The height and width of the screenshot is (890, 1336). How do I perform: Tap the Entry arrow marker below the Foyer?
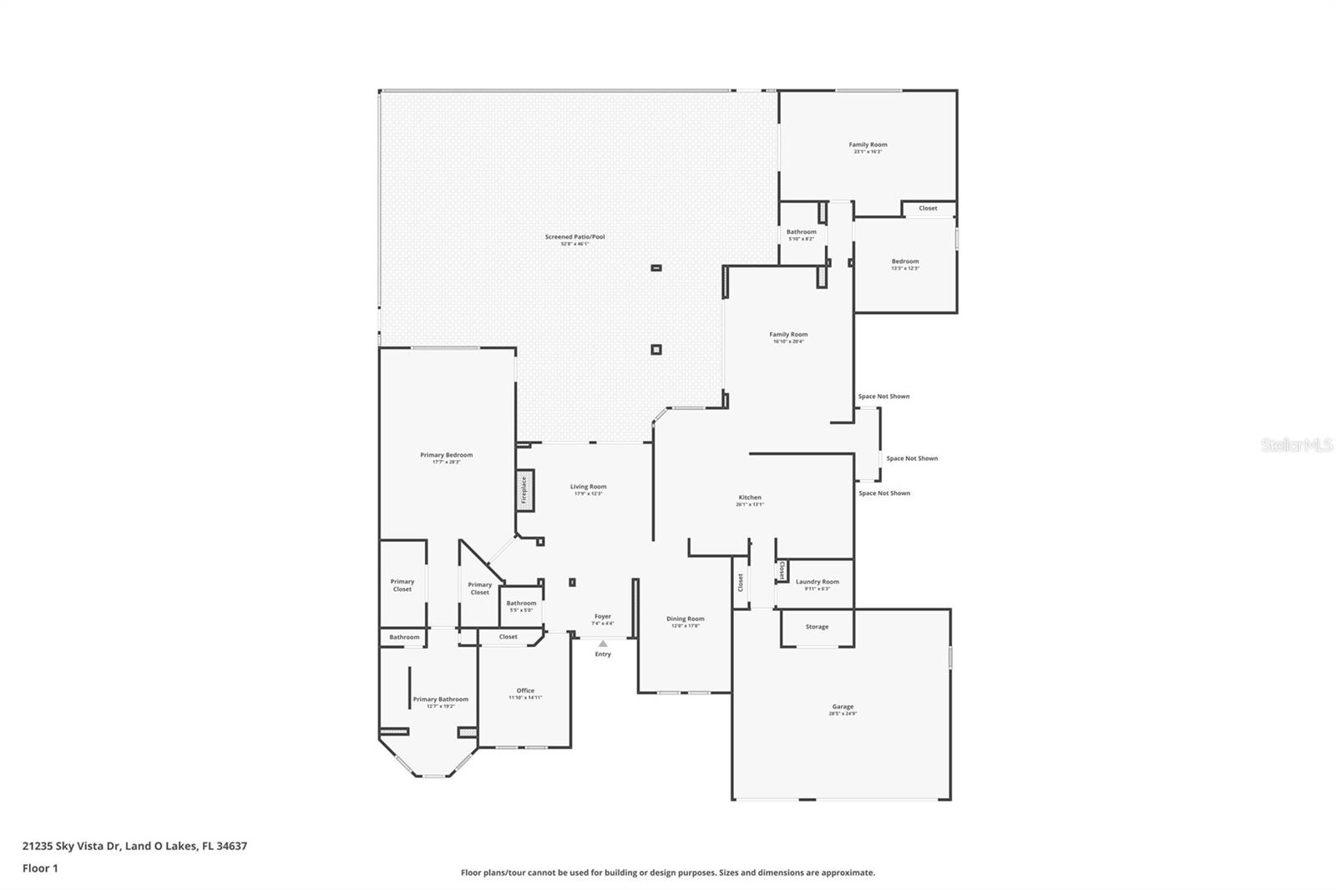(x=603, y=644)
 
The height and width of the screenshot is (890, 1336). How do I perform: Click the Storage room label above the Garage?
(x=817, y=626)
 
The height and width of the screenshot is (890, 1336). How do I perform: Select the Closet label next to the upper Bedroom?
(x=928, y=208)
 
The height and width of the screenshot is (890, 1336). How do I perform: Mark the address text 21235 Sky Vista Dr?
(x=134, y=846)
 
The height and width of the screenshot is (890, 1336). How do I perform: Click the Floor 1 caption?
(x=40, y=868)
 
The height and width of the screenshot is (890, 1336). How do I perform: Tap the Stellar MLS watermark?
(x=1296, y=445)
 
